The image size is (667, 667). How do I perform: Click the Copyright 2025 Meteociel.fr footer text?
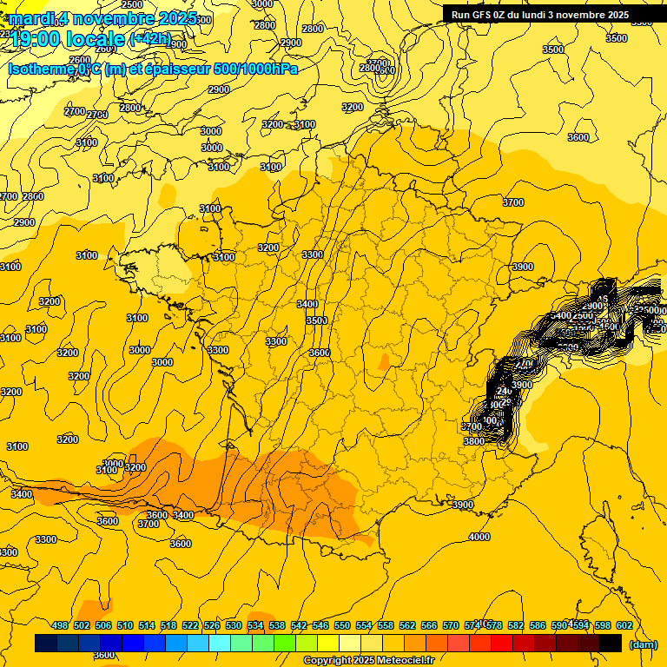coord(368,661)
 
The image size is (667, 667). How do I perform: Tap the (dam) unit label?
coord(642,644)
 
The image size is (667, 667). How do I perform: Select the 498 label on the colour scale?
coord(60,625)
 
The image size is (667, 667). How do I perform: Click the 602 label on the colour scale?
coord(624,625)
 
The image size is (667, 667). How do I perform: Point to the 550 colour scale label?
coord(342,625)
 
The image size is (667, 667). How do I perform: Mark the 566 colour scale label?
coord(429,625)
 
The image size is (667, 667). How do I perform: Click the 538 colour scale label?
coord(277,625)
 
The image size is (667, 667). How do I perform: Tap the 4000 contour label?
coord(479,537)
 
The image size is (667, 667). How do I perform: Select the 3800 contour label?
coord(473,441)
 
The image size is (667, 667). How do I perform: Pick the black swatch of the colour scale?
coord(611,644)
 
